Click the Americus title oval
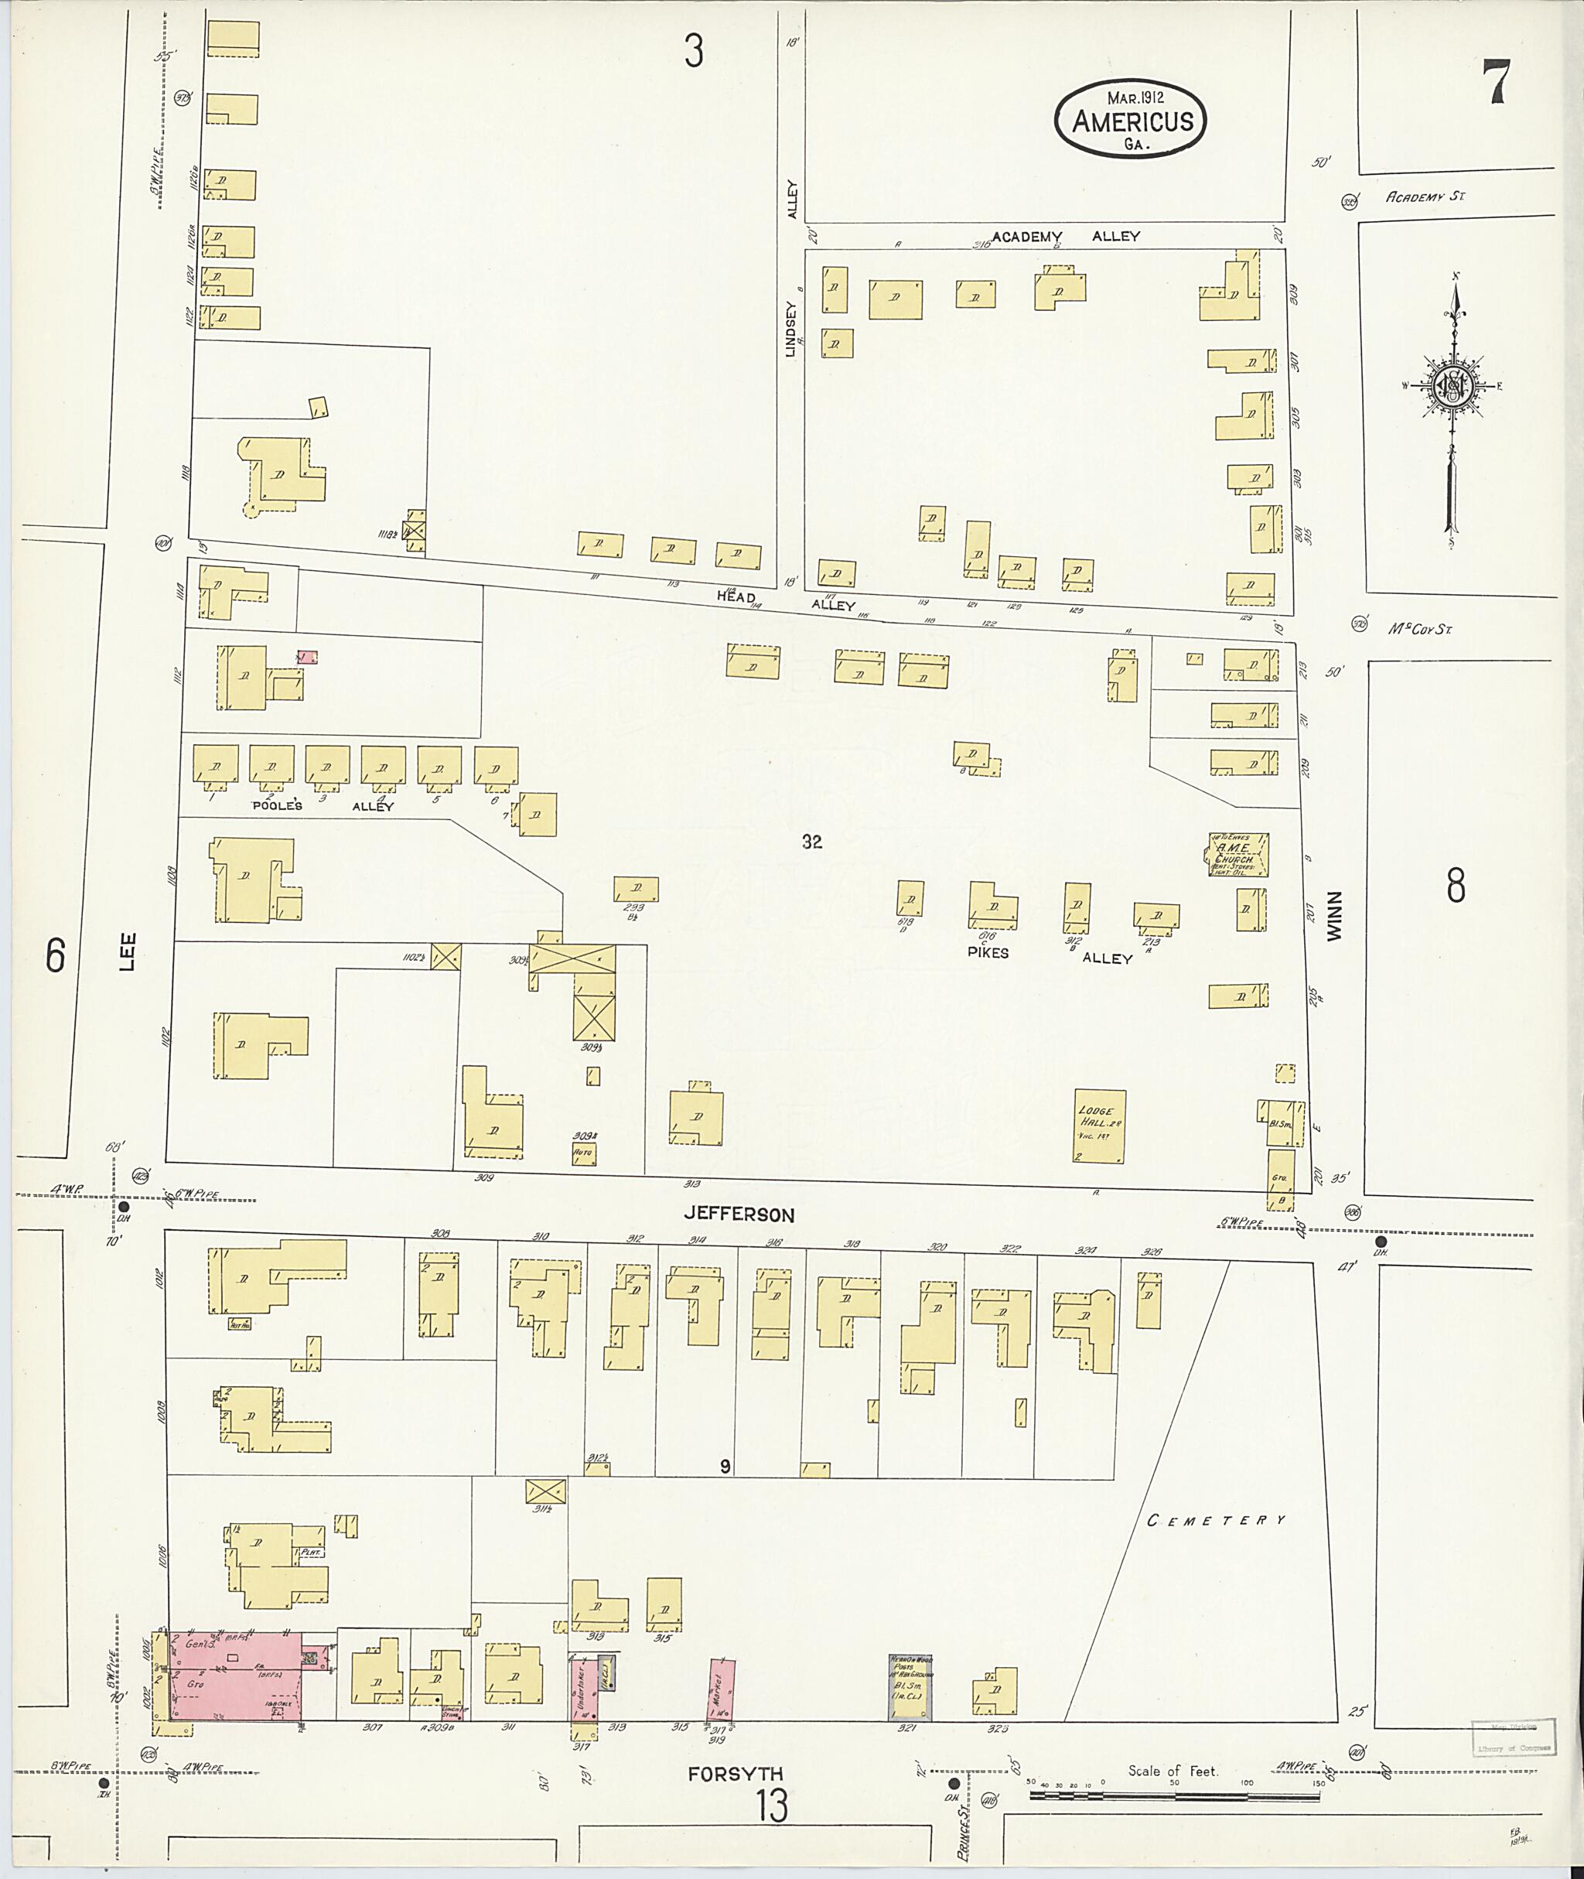[1130, 121]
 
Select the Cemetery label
[1217, 1521]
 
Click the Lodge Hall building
[1100, 1126]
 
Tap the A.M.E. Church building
[1237, 854]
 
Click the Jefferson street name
[739, 1215]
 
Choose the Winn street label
[1334, 916]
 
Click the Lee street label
[128, 952]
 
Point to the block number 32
[812, 842]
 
